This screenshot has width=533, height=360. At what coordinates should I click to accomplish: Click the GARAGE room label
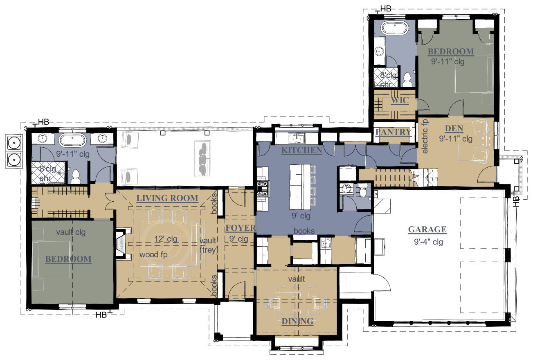[x=427, y=229]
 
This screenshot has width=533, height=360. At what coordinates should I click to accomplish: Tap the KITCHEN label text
[x=302, y=151]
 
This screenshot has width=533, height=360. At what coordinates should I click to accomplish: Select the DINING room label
[x=297, y=321]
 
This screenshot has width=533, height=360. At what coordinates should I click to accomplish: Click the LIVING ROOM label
[x=167, y=198]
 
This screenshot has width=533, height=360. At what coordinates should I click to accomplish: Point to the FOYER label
[x=241, y=228]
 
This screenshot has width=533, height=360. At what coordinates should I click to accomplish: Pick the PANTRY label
[x=394, y=132]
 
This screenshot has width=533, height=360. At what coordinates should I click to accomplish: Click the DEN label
[x=454, y=128]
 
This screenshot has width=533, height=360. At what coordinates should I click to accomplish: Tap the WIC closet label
[x=400, y=100]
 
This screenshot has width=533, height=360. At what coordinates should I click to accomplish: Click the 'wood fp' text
[x=153, y=255]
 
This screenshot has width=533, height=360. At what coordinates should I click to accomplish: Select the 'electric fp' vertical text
[x=425, y=136]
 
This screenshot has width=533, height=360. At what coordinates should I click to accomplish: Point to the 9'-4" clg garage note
[x=428, y=242]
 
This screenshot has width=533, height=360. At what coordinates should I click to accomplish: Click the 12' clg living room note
[x=166, y=239]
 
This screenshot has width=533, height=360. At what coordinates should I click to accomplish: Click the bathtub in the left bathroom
[x=72, y=140]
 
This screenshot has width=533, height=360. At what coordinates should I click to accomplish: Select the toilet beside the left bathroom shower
[x=76, y=176]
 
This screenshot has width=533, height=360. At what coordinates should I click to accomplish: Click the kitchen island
[x=300, y=187]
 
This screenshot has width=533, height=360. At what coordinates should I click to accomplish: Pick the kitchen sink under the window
[x=297, y=138]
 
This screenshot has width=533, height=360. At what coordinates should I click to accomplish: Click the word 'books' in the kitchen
[x=304, y=231]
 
